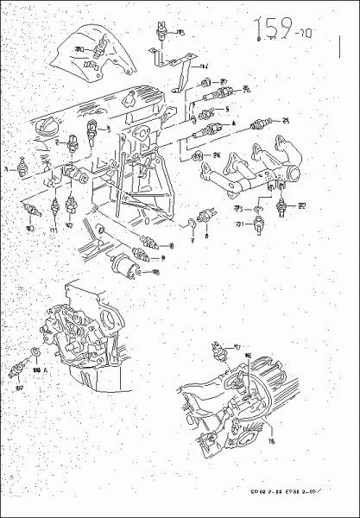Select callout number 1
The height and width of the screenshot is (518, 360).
point(6,171)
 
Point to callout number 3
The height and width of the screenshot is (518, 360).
point(110,129)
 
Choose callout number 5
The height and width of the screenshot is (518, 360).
point(226,111)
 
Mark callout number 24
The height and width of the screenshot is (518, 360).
point(217,155)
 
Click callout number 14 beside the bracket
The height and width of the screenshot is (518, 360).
point(203,66)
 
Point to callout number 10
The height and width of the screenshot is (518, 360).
point(30,230)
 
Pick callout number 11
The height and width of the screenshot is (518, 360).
point(53,231)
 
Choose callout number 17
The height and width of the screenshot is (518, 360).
point(236,346)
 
